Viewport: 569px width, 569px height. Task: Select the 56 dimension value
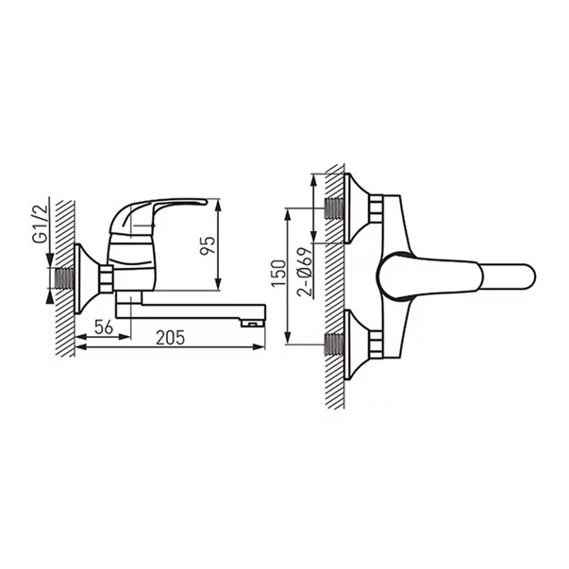pyautogui.click(x=105, y=326)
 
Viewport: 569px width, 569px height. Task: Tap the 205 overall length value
pyautogui.click(x=170, y=337)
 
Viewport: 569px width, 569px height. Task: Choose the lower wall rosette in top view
pyautogui.click(x=356, y=344)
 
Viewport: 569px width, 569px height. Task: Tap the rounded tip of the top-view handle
pyautogui.click(x=524, y=276)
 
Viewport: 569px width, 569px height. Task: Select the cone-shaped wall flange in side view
pyautogui.click(x=85, y=276)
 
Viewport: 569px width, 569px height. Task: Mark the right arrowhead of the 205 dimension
pyautogui.click(x=261, y=347)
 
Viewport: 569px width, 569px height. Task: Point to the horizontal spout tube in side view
pyautogui.click(x=189, y=310)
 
